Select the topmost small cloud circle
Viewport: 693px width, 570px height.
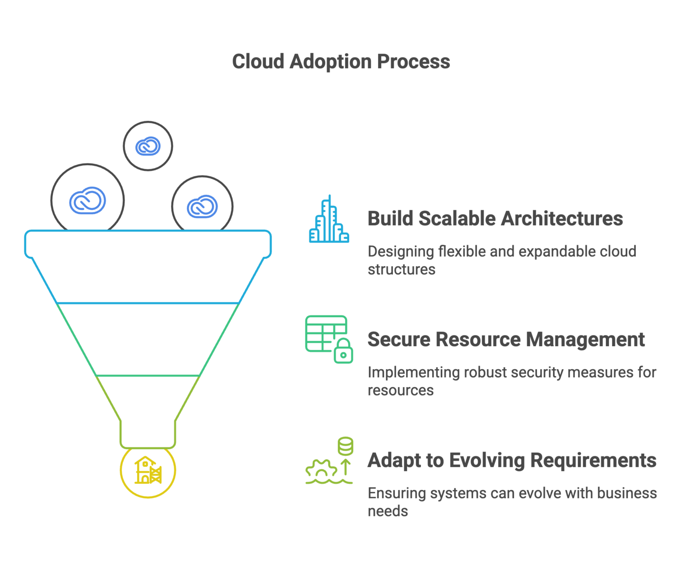[148, 146]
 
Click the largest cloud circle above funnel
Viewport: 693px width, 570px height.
[88, 200]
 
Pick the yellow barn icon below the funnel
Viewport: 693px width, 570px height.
[148, 470]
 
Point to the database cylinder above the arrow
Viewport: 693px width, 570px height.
[346, 446]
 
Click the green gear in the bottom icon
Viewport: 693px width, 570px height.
[321, 469]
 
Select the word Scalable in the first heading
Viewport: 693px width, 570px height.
[457, 218]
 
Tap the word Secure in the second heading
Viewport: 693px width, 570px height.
[399, 339]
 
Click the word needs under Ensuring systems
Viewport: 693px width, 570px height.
[388, 511]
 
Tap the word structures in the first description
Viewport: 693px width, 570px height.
[401, 269]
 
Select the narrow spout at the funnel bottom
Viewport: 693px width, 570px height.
[148, 434]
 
